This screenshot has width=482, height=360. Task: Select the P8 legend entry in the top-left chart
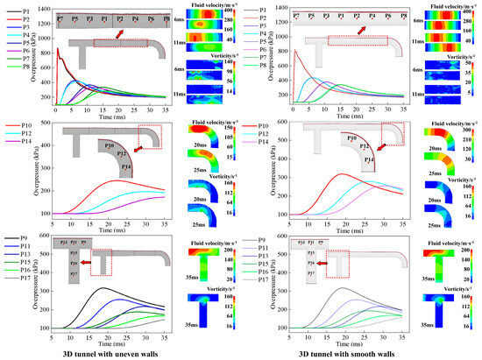point(25,89)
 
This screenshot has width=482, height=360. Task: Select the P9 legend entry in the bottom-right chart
point(263,239)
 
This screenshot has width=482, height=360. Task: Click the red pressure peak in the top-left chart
point(58,50)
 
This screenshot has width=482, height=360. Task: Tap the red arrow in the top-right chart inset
point(362,32)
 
